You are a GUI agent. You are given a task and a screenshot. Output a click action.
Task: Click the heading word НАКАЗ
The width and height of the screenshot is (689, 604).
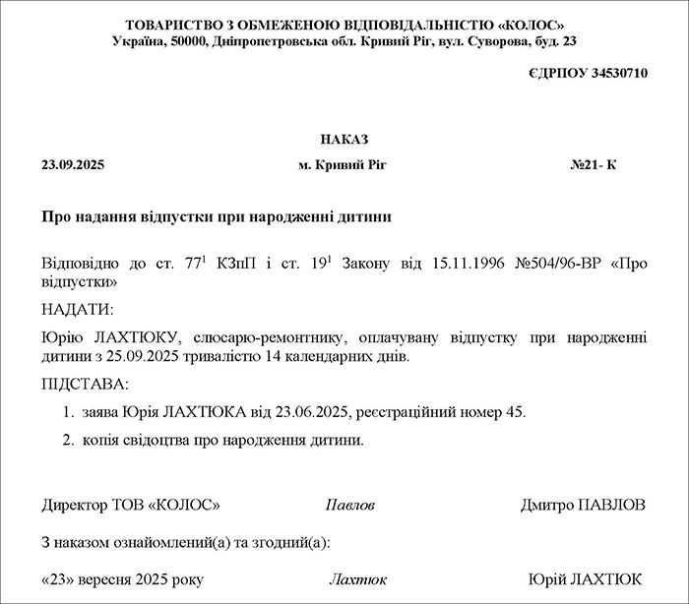click(344, 140)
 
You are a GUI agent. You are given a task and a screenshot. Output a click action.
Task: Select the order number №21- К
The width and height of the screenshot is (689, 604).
click(593, 165)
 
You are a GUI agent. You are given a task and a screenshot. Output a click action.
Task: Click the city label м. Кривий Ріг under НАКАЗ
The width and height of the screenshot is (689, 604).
click(343, 165)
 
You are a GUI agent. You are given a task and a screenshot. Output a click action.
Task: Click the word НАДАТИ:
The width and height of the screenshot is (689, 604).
click(78, 310)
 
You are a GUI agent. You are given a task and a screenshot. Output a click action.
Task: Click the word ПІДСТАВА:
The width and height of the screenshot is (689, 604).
click(86, 384)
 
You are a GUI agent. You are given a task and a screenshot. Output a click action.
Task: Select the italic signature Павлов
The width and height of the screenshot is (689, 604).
click(349, 506)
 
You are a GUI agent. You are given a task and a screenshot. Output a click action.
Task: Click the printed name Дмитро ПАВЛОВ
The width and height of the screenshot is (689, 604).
click(584, 505)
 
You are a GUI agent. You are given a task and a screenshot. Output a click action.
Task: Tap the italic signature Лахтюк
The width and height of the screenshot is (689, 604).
click(357, 579)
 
